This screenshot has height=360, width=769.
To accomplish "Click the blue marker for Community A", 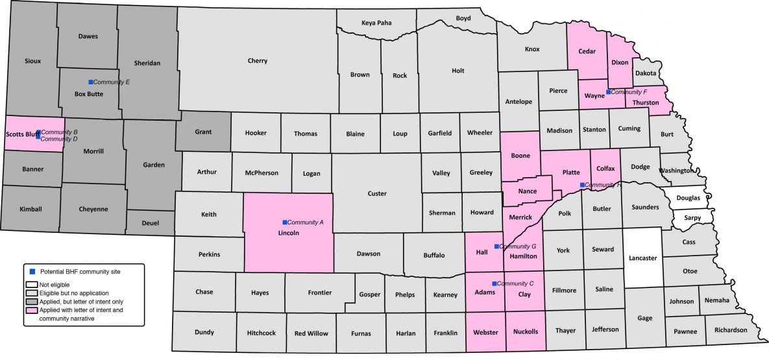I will pos(284,222).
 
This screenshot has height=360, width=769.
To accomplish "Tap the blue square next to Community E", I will pos(91,82).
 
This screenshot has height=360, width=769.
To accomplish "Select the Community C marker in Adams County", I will pos(494,283).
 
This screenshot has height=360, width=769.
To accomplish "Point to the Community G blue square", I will pos(496,246).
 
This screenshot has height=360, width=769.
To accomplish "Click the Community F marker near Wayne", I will pos(608,92).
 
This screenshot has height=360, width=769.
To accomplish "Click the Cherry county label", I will pos(257,61).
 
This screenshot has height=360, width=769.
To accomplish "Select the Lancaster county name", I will pos(642,258).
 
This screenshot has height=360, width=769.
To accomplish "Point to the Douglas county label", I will pos(689,197).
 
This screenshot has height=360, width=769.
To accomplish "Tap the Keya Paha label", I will pos(376,23).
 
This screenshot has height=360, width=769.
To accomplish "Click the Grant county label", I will pos(203,132).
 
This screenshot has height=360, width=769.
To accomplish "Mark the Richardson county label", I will pos(730,330).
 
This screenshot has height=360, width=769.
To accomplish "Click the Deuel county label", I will pos(150,222).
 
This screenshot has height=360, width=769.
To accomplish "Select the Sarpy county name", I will pos(692,218).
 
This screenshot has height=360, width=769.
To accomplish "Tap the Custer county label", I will pos(376,193).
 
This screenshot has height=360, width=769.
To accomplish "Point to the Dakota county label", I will pos(646,73).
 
